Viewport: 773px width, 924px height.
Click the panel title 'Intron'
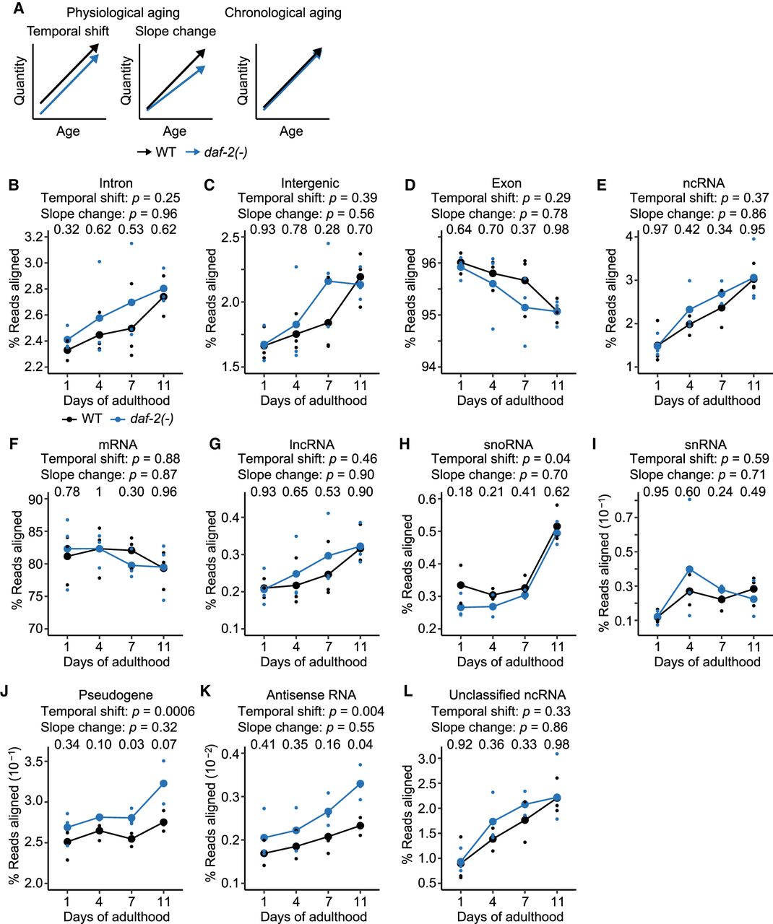point(116,183)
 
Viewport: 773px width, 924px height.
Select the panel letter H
point(406,445)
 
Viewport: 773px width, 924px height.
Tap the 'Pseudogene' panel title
point(116,695)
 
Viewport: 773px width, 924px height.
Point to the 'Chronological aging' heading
point(283,12)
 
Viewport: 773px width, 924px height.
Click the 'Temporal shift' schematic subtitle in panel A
point(68,32)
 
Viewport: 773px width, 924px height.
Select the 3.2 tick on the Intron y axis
point(32,237)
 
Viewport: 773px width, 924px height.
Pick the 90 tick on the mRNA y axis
point(33,499)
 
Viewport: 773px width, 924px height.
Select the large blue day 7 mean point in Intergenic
point(328,281)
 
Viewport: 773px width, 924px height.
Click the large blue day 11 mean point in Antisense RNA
point(360,783)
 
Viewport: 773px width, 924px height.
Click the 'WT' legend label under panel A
point(165,152)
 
